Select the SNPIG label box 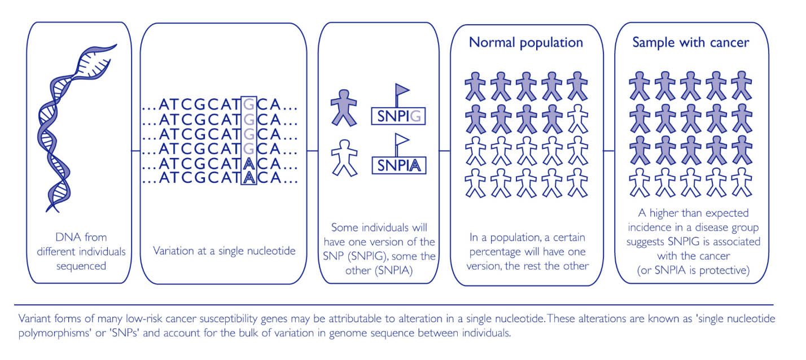pyautogui.click(x=397, y=117)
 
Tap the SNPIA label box pyautogui.click(x=397, y=165)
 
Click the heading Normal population pyautogui.click(x=525, y=42)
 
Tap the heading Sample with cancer pyautogui.click(x=690, y=42)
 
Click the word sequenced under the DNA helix pyautogui.click(x=81, y=265)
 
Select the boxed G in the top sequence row pyautogui.click(x=248, y=104)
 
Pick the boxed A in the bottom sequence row pyautogui.click(x=248, y=178)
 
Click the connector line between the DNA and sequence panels pyautogui.click(x=135, y=151)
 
